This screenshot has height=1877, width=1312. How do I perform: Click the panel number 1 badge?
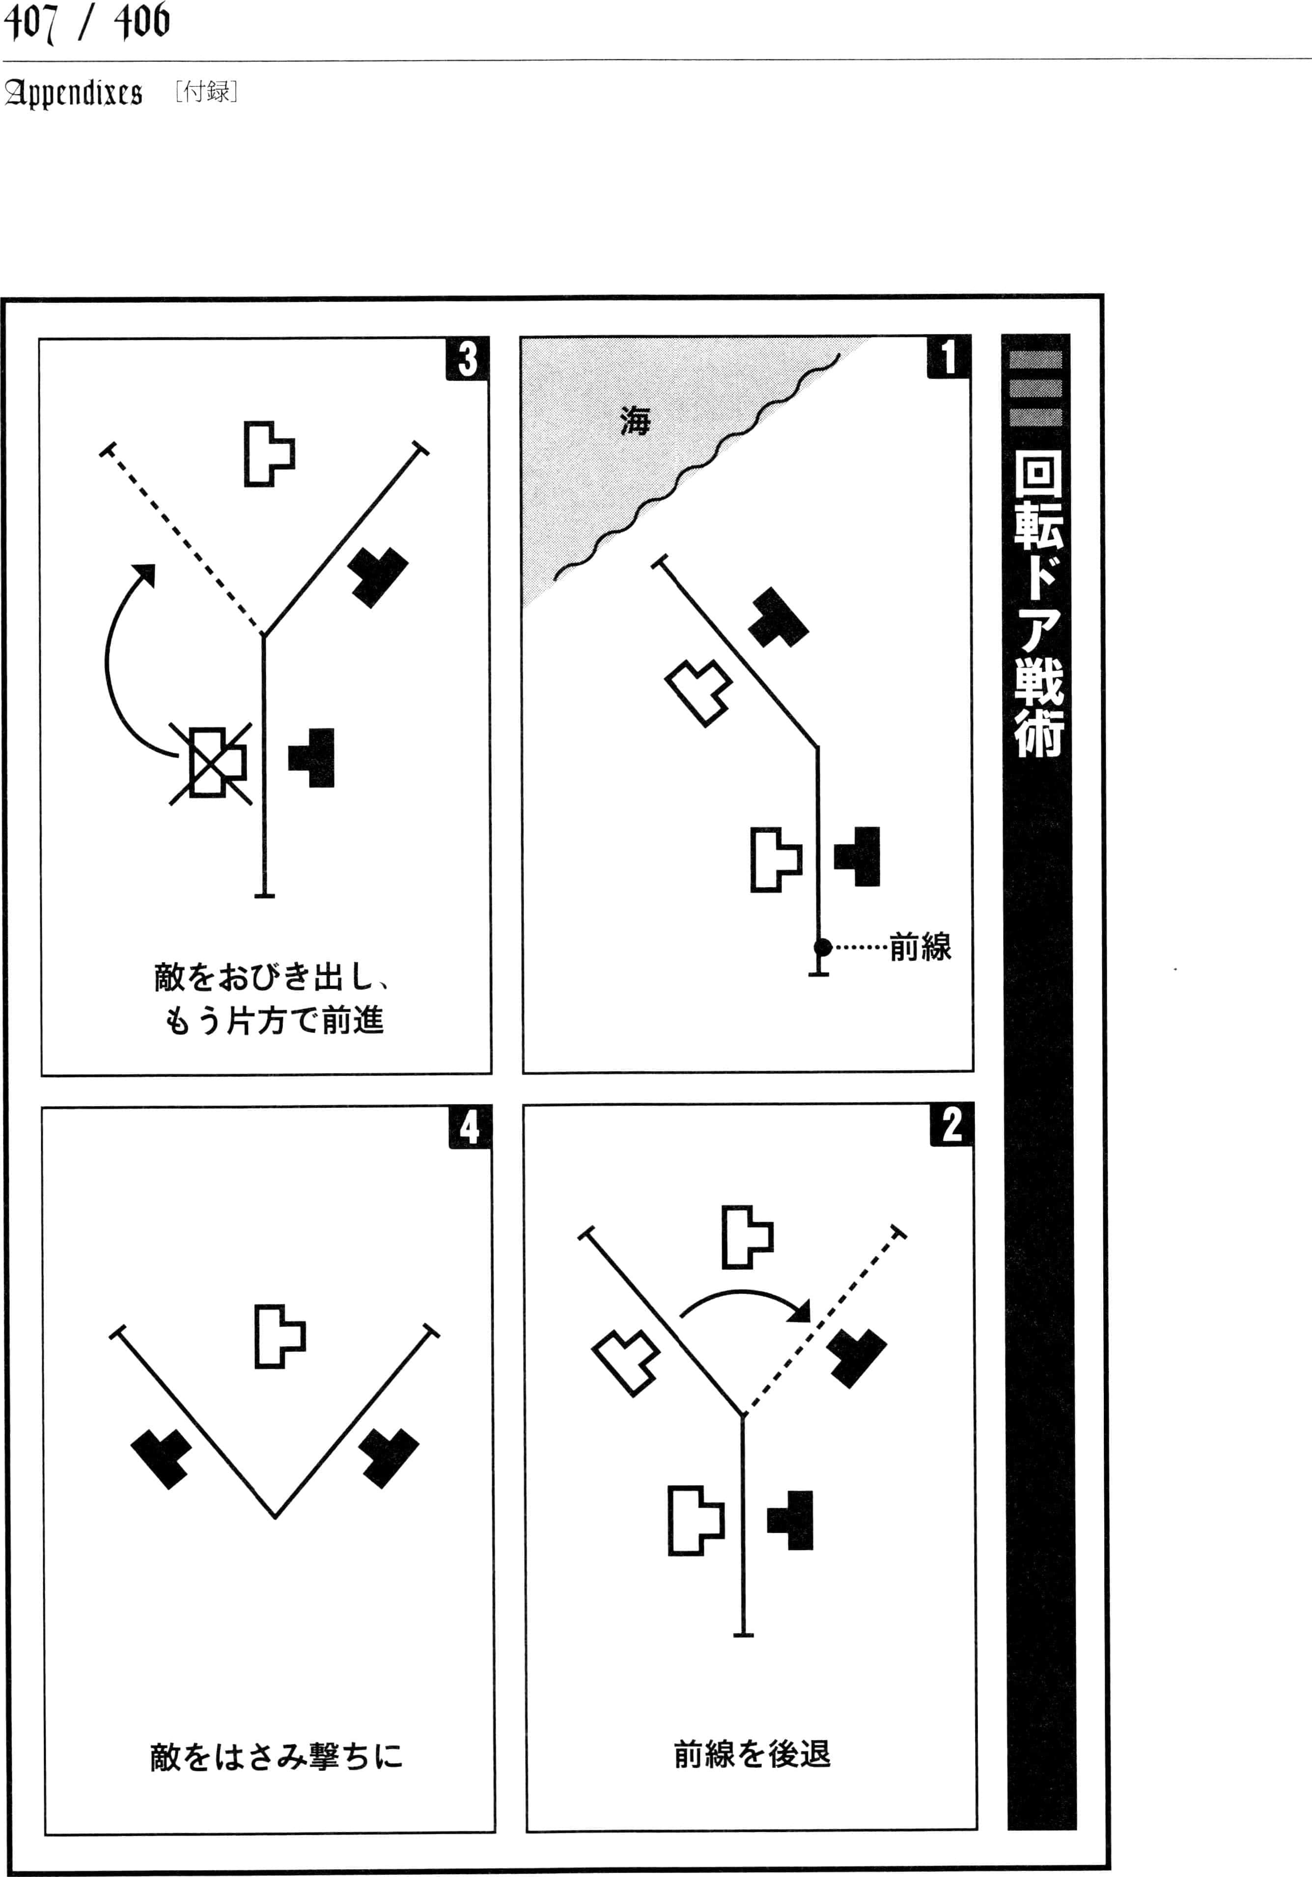(x=948, y=357)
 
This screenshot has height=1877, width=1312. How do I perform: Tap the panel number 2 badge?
(x=951, y=1125)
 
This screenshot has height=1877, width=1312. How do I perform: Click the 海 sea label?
(x=635, y=421)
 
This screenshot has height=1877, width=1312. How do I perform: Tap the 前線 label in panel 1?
(x=921, y=947)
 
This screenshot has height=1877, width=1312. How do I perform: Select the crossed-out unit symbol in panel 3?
(x=211, y=763)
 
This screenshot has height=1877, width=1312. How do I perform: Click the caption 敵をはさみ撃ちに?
(x=276, y=1756)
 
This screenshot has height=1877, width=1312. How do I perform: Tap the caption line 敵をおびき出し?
(x=272, y=977)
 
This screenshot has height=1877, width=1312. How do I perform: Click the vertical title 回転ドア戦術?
(x=1038, y=603)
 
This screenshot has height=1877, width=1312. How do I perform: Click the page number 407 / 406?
(x=86, y=22)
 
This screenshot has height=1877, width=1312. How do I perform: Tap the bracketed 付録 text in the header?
(x=206, y=91)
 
